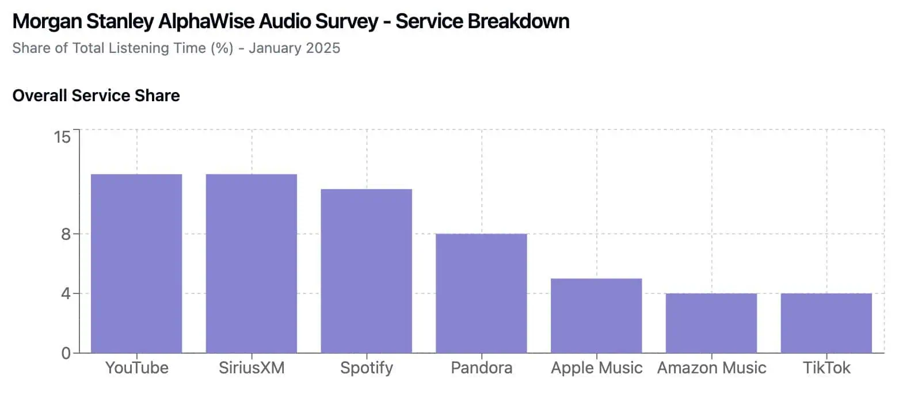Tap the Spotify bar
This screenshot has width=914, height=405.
[x=367, y=271]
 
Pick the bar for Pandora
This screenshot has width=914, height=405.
[x=481, y=293]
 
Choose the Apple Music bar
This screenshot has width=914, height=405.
[x=596, y=316]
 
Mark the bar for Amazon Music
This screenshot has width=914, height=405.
[x=711, y=323]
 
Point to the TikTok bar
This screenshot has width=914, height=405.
[x=827, y=323]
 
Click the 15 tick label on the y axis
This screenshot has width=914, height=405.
[x=62, y=137]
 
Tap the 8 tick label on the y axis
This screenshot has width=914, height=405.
[x=66, y=234]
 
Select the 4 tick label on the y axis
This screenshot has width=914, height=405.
[x=66, y=293]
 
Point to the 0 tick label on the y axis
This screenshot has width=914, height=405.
[x=66, y=353]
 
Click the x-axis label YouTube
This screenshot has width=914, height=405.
[x=137, y=368]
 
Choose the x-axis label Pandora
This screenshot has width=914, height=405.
[x=482, y=368]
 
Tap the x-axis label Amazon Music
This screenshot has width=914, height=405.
[x=712, y=368]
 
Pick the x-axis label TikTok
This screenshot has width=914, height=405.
[x=827, y=368]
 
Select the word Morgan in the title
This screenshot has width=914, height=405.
[x=48, y=21]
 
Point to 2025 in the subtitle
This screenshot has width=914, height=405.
[x=323, y=48]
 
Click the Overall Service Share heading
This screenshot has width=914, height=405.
[x=96, y=95]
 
